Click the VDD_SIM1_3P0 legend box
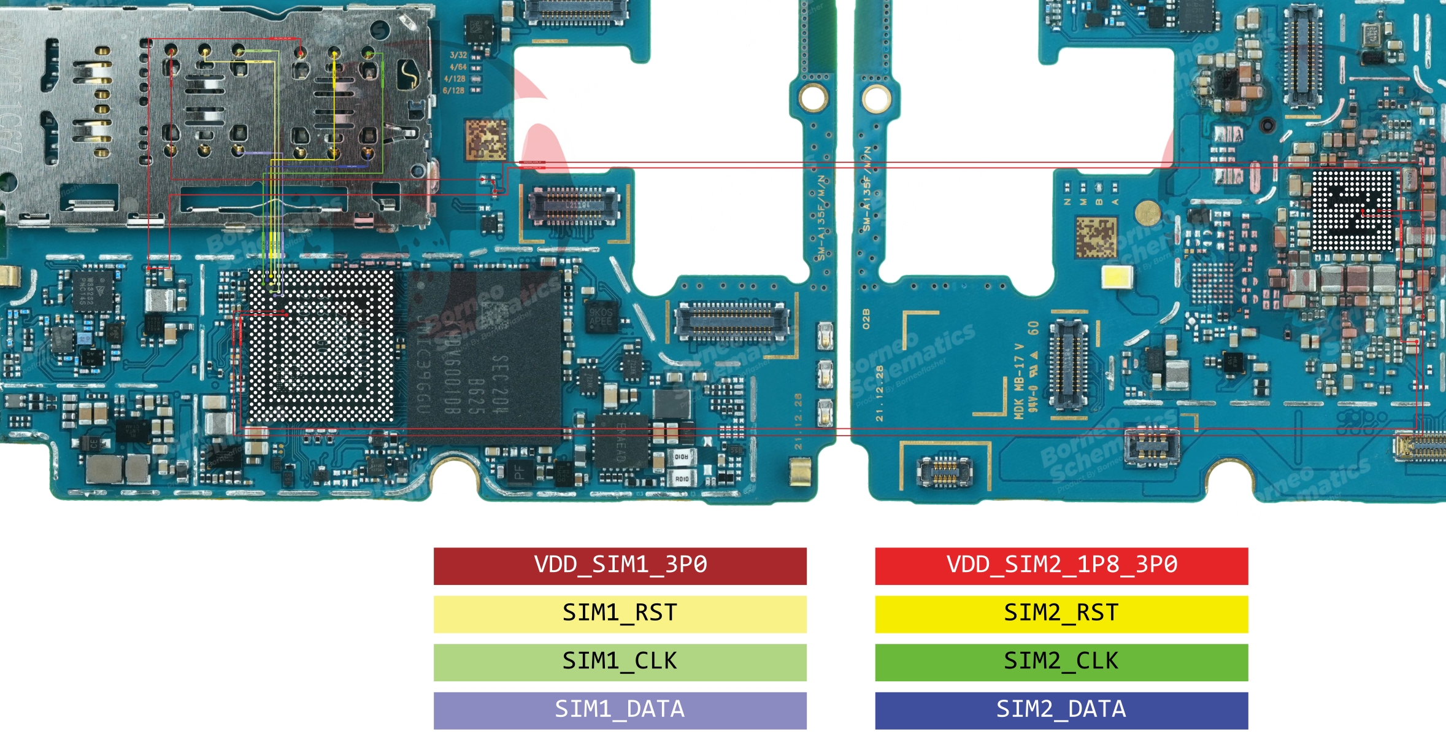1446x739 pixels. [x=620, y=565]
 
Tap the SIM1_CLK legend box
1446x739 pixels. [x=620, y=662]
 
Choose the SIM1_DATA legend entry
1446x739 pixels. [x=620, y=710]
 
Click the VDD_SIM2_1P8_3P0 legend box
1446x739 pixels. [x=1061, y=565]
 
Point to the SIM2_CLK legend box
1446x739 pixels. [x=1061, y=662]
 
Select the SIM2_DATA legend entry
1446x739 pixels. [x=1061, y=710]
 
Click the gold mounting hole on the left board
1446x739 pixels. [x=813, y=98]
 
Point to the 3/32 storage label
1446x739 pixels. [x=458, y=55]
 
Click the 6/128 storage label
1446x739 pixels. [x=454, y=91]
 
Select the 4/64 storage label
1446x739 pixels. [x=458, y=67]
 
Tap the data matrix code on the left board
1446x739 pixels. [x=486, y=140]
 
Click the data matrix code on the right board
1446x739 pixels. [x=1096, y=237]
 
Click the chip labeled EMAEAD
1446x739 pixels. [x=621, y=442]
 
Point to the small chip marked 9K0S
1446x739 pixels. [x=600, y=317]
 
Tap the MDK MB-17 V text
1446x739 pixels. [x=1019, y=381]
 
